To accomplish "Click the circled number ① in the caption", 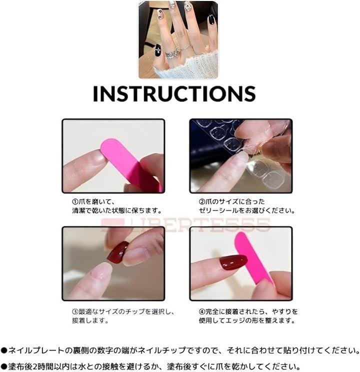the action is click(x=75, y=201).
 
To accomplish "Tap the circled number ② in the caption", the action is click(x=202, y=201).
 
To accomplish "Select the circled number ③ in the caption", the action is click(x=75, y=311).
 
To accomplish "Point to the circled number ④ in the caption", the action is click(x=202, y=311).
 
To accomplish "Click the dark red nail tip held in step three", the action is click(x=118, y=252).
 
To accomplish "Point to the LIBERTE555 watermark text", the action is click(x=185, y=224).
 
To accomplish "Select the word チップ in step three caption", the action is click(x=135, y=311).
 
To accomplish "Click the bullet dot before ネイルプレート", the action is click(x=4, y=350).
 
